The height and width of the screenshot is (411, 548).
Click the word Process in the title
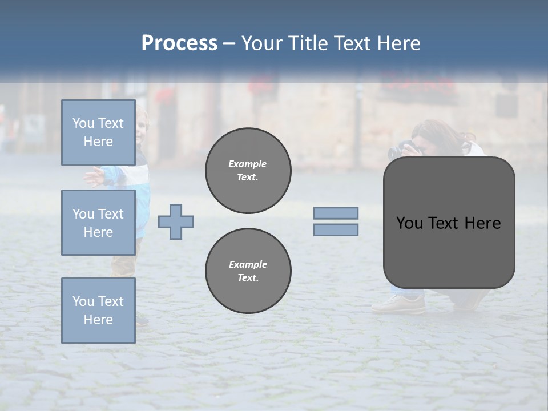179,43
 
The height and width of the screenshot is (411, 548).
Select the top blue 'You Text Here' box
98,132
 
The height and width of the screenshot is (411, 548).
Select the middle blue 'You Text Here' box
98,223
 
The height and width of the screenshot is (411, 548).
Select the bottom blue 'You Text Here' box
98,310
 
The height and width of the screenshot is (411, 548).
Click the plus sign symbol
176,221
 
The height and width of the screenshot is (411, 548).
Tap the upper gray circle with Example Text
248,171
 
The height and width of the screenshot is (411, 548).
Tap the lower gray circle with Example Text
248,271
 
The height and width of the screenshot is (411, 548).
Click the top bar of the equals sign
336,213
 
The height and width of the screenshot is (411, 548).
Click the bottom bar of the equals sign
336,229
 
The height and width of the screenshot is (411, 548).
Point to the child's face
140,123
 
